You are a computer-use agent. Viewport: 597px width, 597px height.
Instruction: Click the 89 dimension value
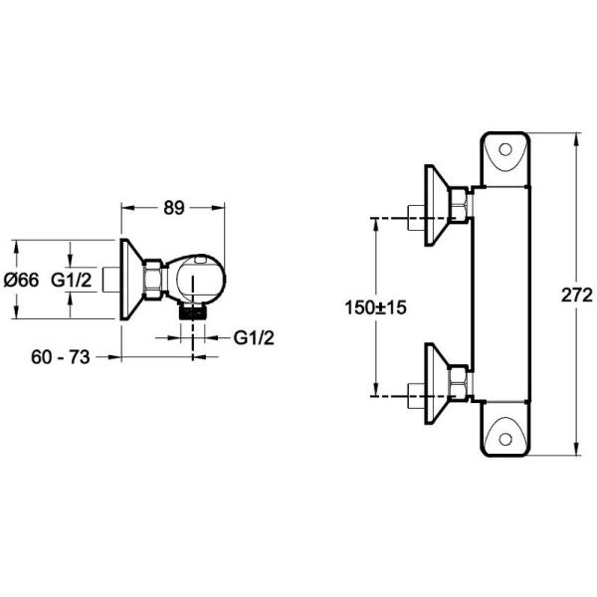[174, 208]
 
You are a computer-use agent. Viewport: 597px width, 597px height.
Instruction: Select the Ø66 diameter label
[22, 281]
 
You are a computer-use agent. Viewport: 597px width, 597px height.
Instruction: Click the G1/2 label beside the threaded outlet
[254, 337]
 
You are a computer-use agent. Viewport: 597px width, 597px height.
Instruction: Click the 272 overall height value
[571, 296]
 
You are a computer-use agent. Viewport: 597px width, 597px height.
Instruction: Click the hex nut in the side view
[152, 280]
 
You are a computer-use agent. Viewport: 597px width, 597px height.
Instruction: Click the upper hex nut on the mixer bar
[459, 205]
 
